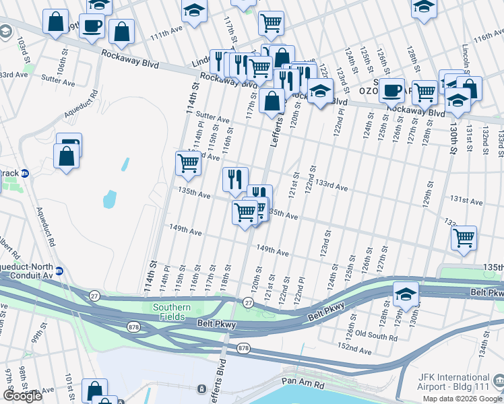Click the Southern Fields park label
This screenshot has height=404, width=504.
[x=170, y=312]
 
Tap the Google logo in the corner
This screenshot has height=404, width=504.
[x=22, y=395]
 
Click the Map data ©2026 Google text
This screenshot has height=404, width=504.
[x=461, y=399]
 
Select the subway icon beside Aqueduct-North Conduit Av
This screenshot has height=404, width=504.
[x=59, y=271]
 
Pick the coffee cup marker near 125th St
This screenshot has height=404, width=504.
[x=391, y=90]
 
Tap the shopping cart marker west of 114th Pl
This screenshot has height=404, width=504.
[x=188, y=163]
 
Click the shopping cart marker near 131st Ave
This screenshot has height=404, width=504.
[x=464, y=238]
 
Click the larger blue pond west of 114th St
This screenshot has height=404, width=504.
[x=110, y=199]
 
